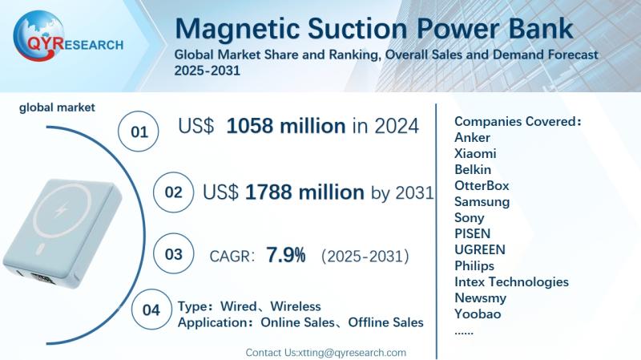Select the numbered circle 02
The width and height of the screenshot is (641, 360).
(x=173, y=193)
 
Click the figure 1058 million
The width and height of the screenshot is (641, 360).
(x=285, y=126)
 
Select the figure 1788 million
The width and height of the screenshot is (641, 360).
(x=304, y=192)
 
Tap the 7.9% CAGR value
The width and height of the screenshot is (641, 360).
(x=285, y=256)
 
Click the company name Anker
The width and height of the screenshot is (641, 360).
(x=472, y=137)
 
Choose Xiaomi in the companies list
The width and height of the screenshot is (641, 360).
(x=474, y=153)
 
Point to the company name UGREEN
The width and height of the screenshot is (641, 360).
(x=479, y=249)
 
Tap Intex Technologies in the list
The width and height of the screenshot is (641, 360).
(x=511, y=281)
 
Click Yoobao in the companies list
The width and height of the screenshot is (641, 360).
(x=477, y=313)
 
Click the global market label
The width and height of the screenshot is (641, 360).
(x=58, y=107)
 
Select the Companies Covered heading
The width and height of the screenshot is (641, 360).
(x=518, y=121)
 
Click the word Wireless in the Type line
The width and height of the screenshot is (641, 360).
(x=295, y=306)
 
